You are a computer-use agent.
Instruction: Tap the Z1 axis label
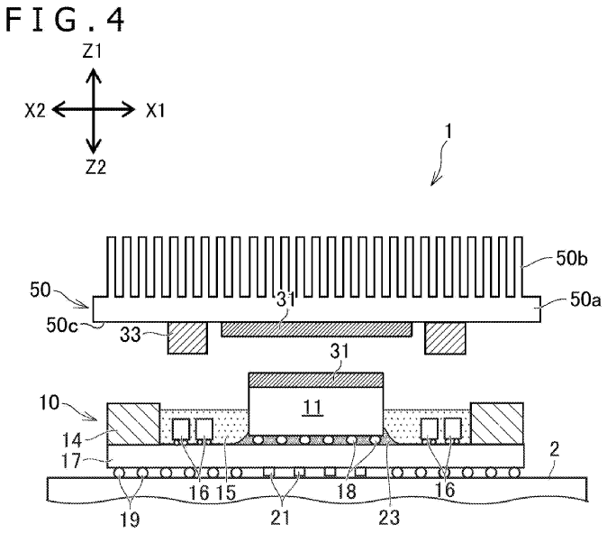92,51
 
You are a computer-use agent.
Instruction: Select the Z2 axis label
95,167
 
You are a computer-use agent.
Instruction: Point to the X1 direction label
155,111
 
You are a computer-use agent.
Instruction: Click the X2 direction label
35,111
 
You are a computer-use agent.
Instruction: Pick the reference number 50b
571,258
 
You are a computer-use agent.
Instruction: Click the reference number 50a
584,299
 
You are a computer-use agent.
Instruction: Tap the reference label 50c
62,325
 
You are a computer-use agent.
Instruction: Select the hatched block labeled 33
187,337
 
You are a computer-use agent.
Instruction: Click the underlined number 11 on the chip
313,408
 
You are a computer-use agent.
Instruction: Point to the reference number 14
72,440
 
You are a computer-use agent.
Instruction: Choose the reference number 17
71,461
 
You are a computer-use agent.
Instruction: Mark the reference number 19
130,520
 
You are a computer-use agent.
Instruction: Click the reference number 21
280,518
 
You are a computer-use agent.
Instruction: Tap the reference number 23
389,518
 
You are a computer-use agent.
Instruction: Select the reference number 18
346,492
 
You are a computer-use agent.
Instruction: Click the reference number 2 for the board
555,449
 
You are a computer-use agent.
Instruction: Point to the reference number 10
50,402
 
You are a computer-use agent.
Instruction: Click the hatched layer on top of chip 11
316,380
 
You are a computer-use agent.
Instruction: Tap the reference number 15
226,493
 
